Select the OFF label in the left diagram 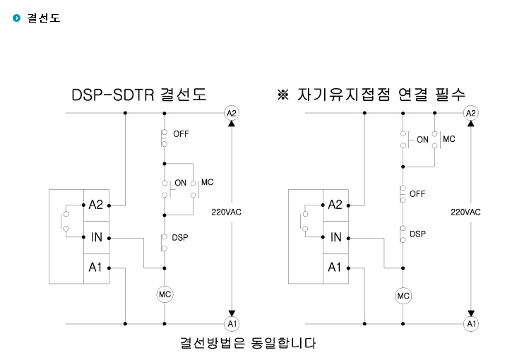(181, 134)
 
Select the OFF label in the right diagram (417, 194)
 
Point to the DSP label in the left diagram (180, 238)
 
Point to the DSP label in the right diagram (417, 234)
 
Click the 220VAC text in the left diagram (227, 212)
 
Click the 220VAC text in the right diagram (465, 212)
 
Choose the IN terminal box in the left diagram (97, 237)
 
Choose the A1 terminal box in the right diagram (335, 268)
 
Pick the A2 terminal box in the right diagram (335, 205)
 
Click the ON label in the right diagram (422, 140)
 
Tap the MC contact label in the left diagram (208, 182)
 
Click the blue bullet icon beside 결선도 (16, 18)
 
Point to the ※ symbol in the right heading (283, 95)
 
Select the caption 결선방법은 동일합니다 (248, 343)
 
